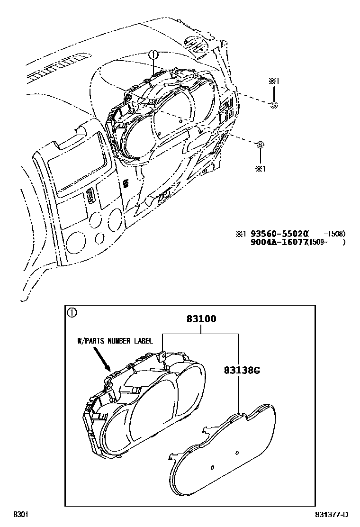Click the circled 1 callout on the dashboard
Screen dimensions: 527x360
(x=153, y=55)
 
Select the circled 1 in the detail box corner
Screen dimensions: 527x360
(x=71, y=312)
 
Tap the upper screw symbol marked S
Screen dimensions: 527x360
(x=273, y=105)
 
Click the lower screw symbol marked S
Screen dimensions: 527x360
(x=260, y=145)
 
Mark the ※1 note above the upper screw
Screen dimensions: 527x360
(x=273, y=82)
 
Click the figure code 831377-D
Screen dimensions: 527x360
(x=332, y=515)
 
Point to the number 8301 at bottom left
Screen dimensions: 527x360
(x=20, y=515)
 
